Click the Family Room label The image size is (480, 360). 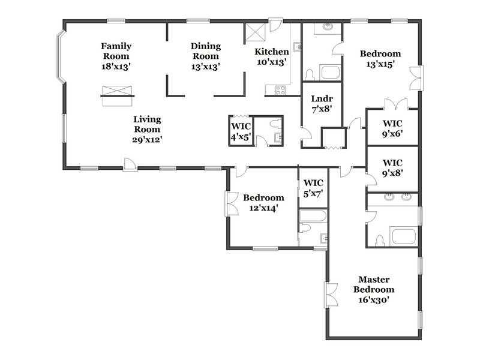116,56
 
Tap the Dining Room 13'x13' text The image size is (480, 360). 206,56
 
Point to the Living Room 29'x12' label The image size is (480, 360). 147,129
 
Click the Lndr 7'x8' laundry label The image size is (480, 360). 322,103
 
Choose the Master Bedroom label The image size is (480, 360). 374,289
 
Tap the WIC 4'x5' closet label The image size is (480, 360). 241,131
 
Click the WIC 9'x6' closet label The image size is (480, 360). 392,128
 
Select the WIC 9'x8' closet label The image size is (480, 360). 392,168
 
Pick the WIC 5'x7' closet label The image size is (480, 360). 313,188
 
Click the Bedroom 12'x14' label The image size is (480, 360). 263,203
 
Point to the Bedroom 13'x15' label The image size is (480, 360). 380,58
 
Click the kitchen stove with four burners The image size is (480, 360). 280,91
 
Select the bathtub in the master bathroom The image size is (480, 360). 404,236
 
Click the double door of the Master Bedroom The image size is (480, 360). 331,295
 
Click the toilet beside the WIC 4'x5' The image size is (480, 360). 275,124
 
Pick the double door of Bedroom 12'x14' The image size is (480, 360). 232,204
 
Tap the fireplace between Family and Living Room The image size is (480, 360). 117,96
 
